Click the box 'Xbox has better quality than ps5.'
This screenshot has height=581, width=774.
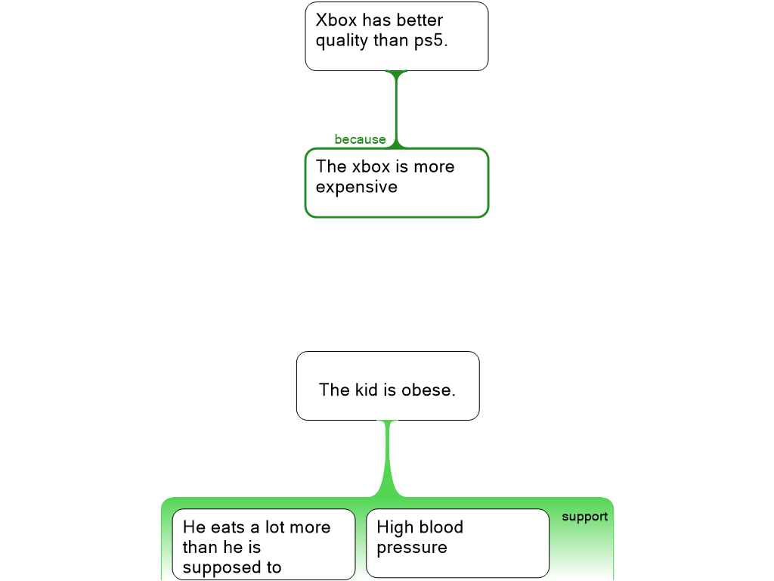coord(397,36)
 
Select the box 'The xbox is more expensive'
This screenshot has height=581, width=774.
coord(397,183)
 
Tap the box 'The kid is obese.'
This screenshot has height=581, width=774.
coord(388,386)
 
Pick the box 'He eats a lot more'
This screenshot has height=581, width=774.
coord(264,545)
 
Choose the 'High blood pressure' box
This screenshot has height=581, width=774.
coord(457,543)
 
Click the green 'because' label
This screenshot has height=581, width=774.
coord(360,139)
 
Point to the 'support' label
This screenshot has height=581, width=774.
coord(584,517)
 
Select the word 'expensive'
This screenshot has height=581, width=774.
coord(356,187)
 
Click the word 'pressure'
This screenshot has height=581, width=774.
coord(412,548)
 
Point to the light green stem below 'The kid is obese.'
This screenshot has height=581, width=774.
coord(388,454)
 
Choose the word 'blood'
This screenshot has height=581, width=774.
coord(441,527)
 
